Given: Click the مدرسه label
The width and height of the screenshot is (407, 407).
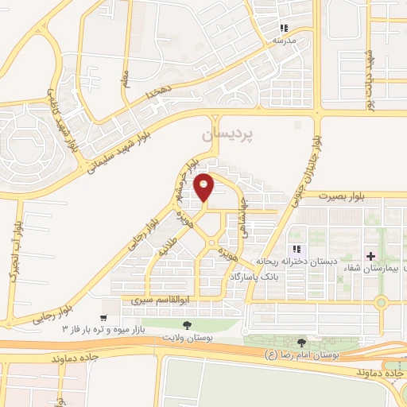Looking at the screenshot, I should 285,39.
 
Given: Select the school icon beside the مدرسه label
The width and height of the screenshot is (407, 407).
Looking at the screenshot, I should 284,28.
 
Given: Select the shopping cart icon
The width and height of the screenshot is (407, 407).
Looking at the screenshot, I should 103,317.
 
